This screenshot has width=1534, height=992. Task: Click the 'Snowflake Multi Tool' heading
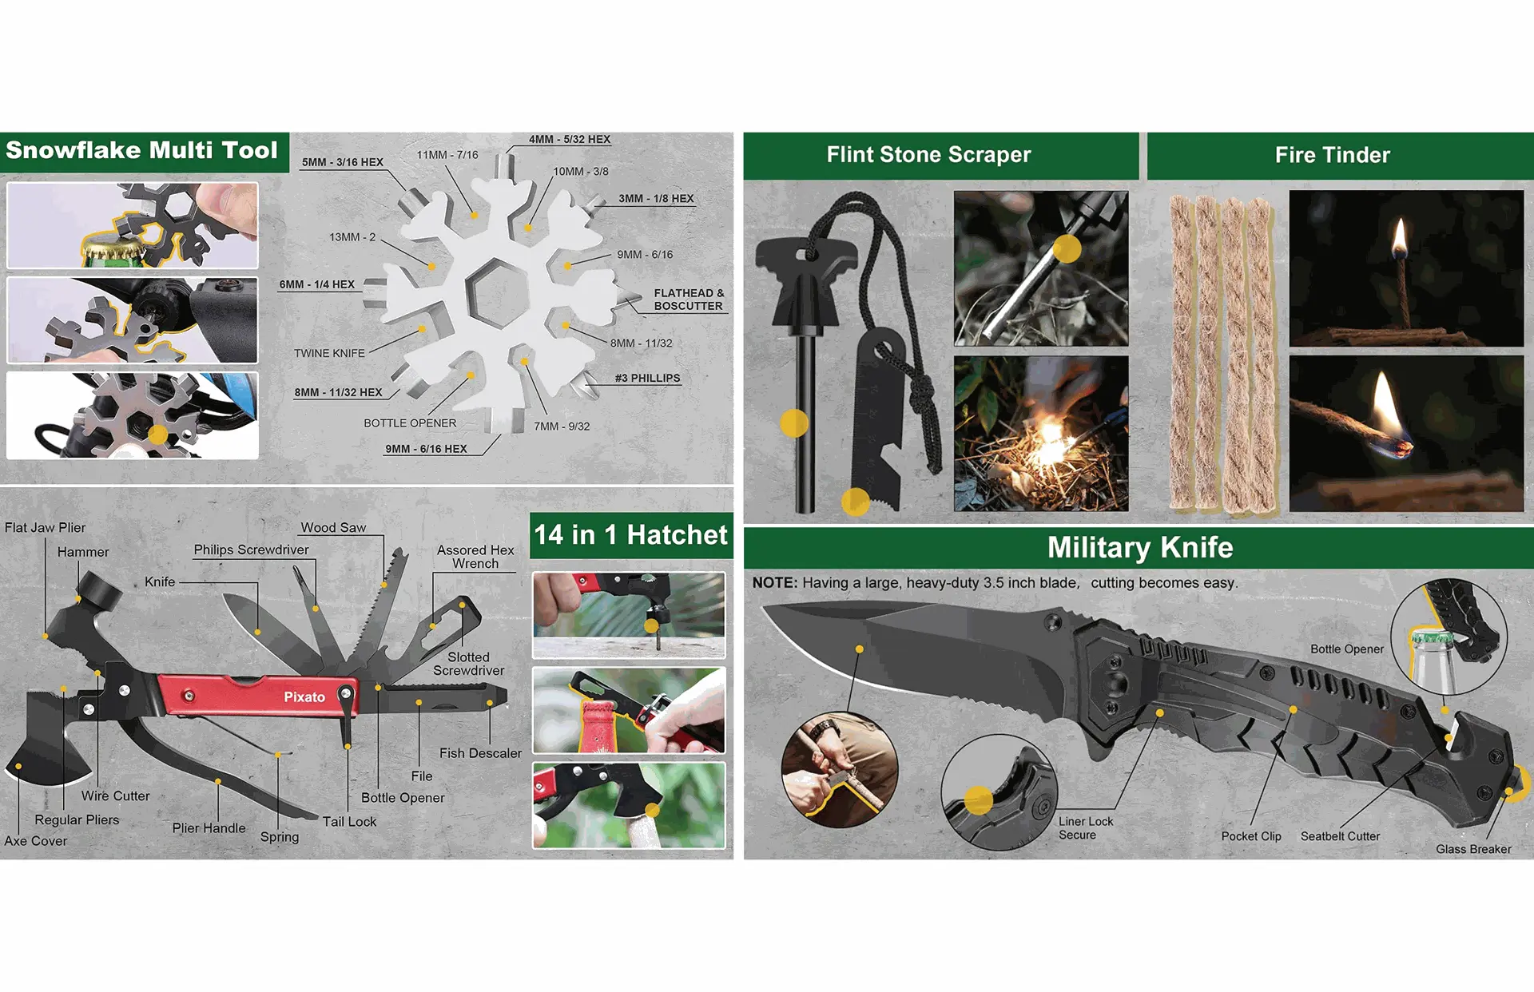tap(141, 150)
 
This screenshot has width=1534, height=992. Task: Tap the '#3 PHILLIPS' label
tap(647, 378)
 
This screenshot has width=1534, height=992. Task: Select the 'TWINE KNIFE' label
tap(329, 353)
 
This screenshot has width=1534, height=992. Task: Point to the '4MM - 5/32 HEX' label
tap(570, 139)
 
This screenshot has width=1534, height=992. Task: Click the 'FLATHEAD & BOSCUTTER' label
tap(689, 300)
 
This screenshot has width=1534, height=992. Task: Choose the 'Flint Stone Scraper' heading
tap(928, 154)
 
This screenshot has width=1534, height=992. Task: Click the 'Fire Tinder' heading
tap(1333, 155)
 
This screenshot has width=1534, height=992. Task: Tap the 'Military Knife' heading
tap(1140, 547)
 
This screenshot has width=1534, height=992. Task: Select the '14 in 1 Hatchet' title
tap(630, 534)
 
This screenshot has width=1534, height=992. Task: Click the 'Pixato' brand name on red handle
tap(304, 696)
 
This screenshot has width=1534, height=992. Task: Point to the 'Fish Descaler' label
tap(480, 753)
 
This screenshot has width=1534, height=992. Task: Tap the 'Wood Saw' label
tap(333, 527)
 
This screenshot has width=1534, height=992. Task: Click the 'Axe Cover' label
tap(36, 840)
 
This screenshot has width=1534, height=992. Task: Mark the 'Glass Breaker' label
tap(1473, 849)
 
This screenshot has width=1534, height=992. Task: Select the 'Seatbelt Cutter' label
tap(1340, 836)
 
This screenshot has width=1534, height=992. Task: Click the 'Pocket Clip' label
tap(1251, 836)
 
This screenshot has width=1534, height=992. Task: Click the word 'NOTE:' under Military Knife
tap(775, 583)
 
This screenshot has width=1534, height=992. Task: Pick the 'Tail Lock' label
tap(349, 821)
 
